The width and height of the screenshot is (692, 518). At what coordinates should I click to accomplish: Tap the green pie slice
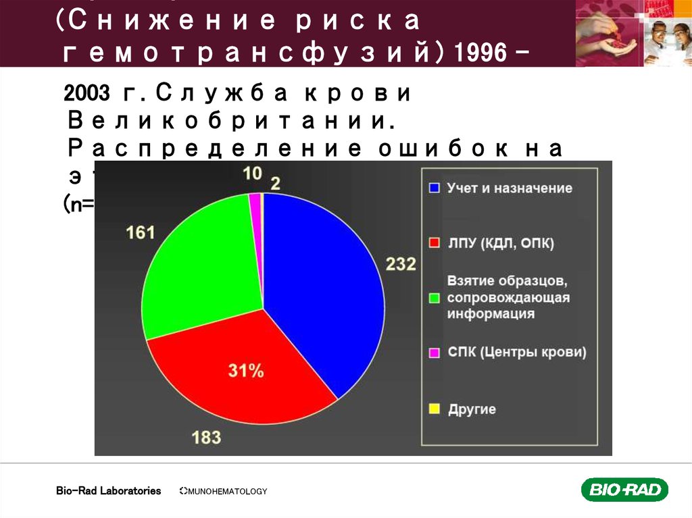point(203,270)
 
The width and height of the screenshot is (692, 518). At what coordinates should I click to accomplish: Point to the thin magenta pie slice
point(255,203)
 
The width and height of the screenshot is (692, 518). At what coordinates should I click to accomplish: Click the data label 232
point(401,263)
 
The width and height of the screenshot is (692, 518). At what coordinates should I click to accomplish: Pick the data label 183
point(206,437)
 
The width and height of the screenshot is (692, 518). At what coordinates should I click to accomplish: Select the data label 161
point(141,233)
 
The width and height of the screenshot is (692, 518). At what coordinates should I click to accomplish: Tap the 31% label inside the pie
point(245,370)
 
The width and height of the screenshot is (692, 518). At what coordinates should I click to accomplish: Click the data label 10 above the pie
point(252,174)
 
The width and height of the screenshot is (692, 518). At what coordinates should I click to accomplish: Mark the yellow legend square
point(435,409)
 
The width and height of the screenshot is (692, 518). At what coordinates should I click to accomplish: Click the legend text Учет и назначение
point(509,188)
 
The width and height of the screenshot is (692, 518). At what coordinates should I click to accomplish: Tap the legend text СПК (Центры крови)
point(517,352)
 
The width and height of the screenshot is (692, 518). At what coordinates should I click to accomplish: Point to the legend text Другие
point(472,409)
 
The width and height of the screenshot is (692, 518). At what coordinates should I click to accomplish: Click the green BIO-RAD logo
point(624,490)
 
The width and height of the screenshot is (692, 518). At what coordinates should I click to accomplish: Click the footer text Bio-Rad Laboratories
point(108,491)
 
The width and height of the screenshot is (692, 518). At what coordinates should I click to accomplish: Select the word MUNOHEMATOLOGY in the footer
point(227,492)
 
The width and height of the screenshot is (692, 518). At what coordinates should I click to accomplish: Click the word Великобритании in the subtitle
point(231,123)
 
